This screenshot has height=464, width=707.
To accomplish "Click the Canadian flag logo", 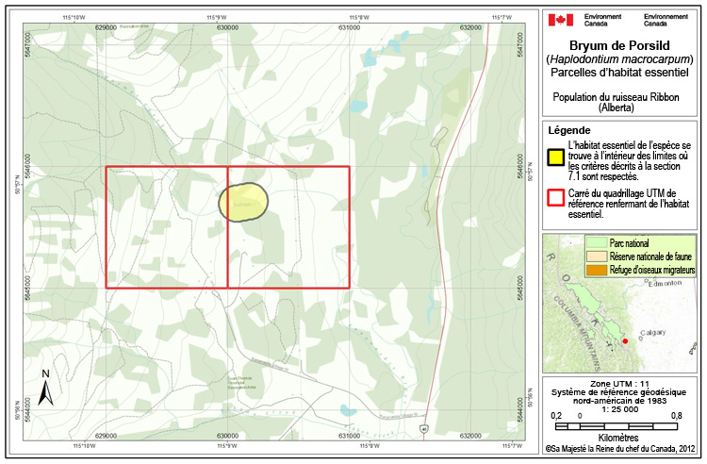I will (x=561, y=19).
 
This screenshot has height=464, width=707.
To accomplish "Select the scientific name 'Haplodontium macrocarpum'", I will (x=622, y=59).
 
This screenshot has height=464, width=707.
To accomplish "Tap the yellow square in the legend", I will (x=557, y=157).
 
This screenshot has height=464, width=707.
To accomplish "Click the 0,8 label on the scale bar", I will (x=676, y=415).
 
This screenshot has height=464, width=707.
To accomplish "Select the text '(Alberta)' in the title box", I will (x=622, y=109).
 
